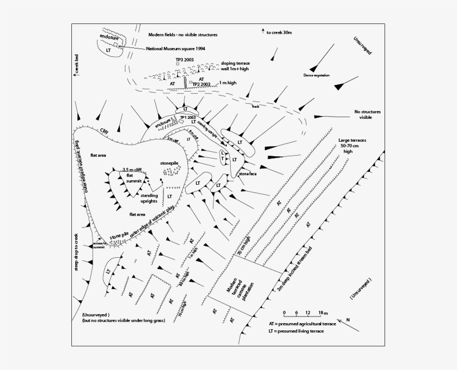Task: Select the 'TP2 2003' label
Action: pos(201,84)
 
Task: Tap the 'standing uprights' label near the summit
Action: pos(149,198)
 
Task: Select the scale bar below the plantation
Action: pos(305,315)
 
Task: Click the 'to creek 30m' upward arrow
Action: pos(262,32)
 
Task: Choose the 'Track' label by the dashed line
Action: pos(255,105)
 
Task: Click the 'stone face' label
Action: pos(248,174)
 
